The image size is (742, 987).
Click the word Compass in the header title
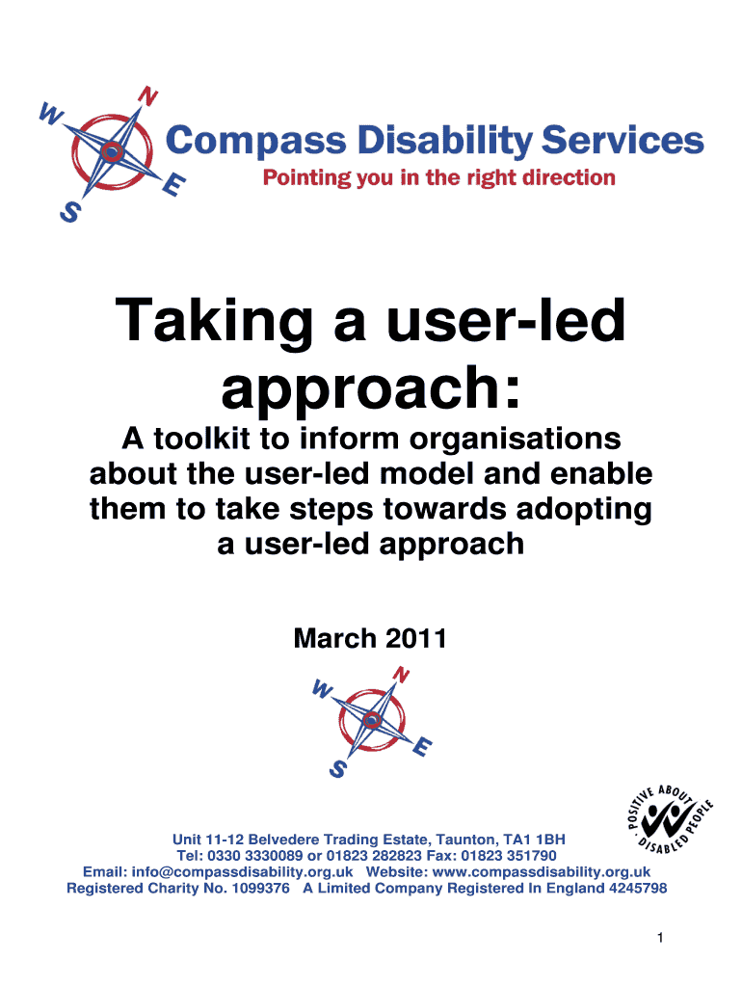coord(255,141)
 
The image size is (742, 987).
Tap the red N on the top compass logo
coord(147,96)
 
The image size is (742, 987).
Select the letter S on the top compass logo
coord(70,211)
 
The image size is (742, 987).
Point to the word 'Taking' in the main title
coord(215,321)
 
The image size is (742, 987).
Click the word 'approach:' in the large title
coord(371,388)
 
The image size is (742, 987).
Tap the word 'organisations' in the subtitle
coord(516,440)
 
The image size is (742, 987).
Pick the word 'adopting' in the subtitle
coord(584,510)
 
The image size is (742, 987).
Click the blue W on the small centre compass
coord(322,689)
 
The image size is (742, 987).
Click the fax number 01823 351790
coord(509,856)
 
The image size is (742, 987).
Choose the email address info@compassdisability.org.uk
coord(242,871)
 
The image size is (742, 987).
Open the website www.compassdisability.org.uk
coord(542,871)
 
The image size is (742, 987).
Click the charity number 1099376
coord(260,888)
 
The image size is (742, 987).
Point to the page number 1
coord(660,938)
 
